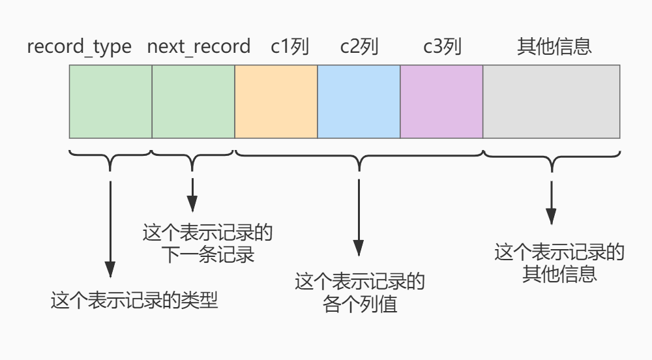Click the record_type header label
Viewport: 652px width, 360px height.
pyautogui.click(x=79, y=48)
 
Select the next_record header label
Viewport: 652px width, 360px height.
pyautogui.click(x=199, y=48)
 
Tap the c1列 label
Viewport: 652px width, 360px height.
pyautogui.click(x=289, y=48)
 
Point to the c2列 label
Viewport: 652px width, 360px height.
pyautogui.click(x=359, y=48)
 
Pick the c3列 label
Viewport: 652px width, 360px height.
pyautogui.click(x=442, y=48)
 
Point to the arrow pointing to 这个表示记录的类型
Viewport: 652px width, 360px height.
pyautogui.click(x=110, y=228)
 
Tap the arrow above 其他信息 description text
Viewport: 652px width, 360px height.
pyautogui.click(x=552, y=202)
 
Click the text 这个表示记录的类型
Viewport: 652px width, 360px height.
pyautogui.click(x=134, y=301)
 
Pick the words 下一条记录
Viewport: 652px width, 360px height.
pyautogui.click(x=207, y=254)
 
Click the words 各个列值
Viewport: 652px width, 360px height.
pyautogui.click(x=360, y=304)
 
